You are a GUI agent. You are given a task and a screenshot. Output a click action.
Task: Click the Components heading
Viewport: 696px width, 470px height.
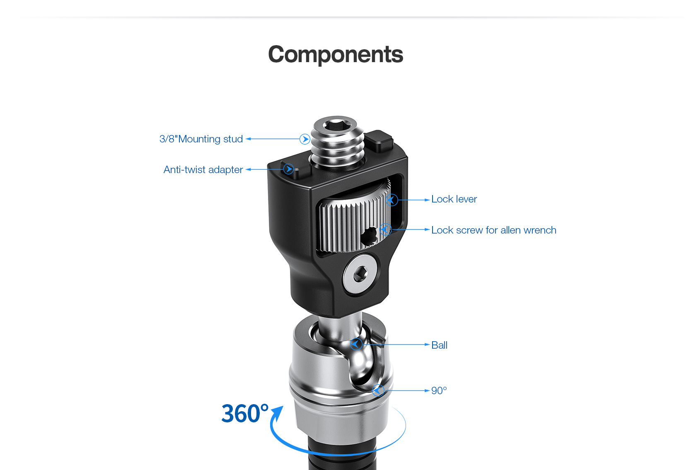[336, 55]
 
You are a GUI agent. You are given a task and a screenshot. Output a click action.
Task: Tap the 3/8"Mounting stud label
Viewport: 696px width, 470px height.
[201, 139]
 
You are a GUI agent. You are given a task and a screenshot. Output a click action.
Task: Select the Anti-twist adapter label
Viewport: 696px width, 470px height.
[203, 170]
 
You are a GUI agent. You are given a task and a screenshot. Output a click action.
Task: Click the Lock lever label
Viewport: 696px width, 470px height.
[454, 199]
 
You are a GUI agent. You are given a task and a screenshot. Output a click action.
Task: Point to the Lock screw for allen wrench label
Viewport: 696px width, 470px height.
[494, 230]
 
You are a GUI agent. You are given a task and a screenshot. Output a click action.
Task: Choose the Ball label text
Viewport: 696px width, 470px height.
[439, 345]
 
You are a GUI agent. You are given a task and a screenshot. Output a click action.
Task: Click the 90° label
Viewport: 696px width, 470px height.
[439, 390]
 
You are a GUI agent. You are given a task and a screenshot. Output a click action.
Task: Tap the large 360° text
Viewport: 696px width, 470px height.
[245, 413]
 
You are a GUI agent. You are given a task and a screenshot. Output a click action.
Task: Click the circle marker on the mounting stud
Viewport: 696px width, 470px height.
[305, 139]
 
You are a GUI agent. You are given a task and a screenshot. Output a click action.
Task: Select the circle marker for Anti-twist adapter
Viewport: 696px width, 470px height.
[289, 169]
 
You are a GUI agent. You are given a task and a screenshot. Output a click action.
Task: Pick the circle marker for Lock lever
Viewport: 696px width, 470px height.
[392, 200]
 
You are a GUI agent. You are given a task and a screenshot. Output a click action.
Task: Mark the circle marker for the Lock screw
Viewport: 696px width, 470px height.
[386, 229]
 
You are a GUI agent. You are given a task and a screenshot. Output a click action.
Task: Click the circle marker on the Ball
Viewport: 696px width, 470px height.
[356, 345]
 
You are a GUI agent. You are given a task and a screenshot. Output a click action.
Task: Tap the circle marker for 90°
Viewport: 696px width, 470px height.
[378, 390]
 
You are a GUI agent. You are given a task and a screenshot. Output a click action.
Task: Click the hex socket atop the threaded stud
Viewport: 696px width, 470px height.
[337, 126]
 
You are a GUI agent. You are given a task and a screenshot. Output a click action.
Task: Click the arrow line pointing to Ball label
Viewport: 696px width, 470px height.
[396, 345]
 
